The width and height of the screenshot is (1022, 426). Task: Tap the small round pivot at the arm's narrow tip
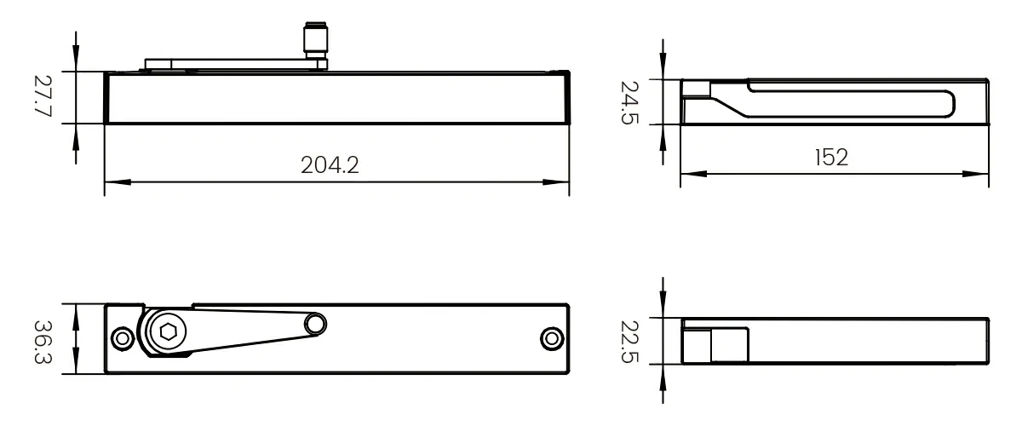316,323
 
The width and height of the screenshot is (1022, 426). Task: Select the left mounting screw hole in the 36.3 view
123,338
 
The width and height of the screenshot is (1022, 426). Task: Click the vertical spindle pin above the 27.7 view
312,43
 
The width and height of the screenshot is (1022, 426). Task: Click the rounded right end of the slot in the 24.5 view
948,103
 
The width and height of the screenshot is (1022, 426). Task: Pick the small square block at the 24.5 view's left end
696,89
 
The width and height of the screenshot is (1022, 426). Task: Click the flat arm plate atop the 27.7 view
230,62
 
